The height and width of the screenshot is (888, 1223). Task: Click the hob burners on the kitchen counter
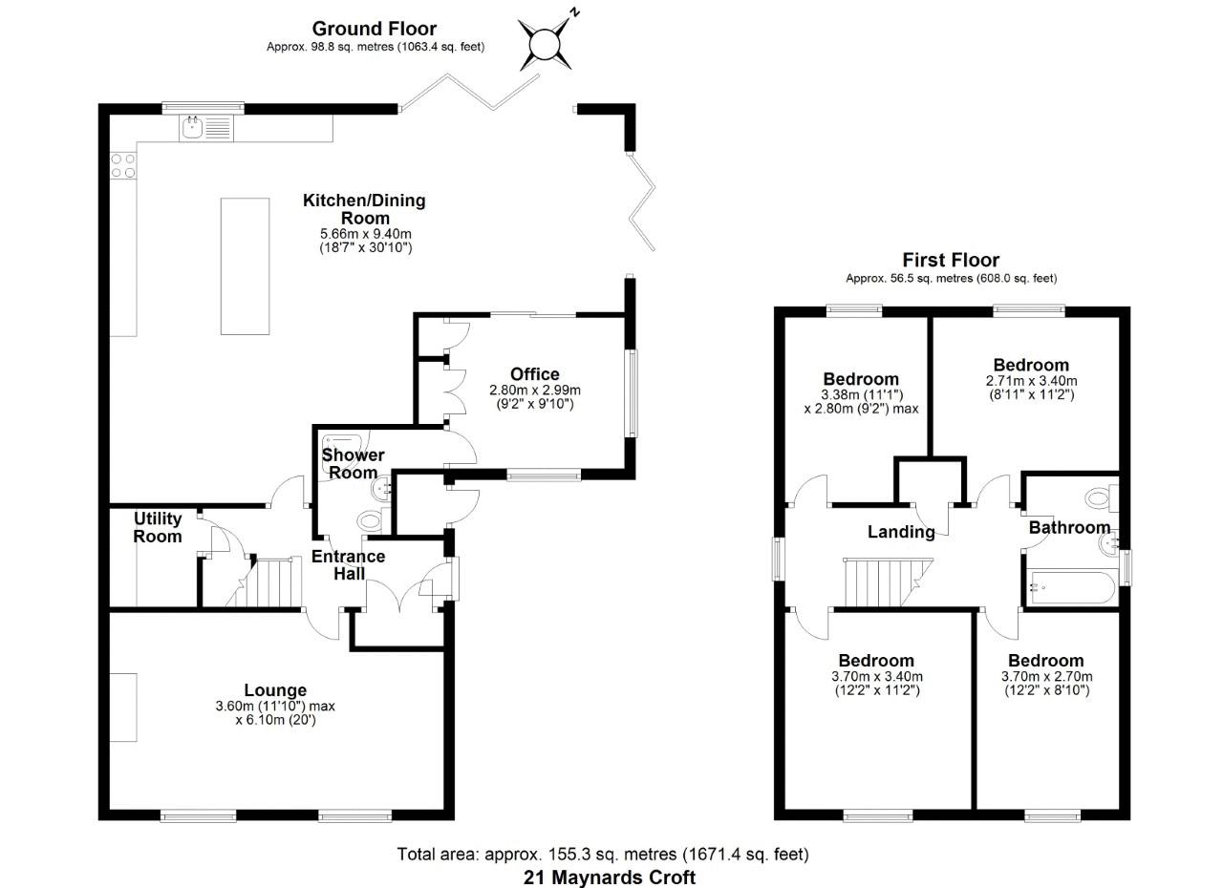[x=122, y=165]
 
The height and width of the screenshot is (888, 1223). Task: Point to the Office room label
[x=534, y=374]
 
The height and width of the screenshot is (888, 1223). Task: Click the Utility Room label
[x=158, y=527]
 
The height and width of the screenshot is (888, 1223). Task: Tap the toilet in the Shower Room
[x=369, y=520]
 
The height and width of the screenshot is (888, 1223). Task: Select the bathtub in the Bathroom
[x=1071, y=586]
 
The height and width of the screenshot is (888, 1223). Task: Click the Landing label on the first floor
[x=900, y=532]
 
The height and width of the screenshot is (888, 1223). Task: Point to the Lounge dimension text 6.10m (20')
[x=275, y=721]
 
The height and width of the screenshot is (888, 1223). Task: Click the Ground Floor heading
[x=374, y=29]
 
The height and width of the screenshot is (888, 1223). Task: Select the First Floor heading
[x=951, y=260]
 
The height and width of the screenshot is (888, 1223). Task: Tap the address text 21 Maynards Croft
[x=610, y=877]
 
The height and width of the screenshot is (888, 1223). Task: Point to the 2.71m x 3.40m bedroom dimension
[x=1030, y=380]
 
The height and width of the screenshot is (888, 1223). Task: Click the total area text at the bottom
[x=603, y=854]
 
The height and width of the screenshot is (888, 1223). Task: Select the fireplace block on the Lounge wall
[x=123, y=706]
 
